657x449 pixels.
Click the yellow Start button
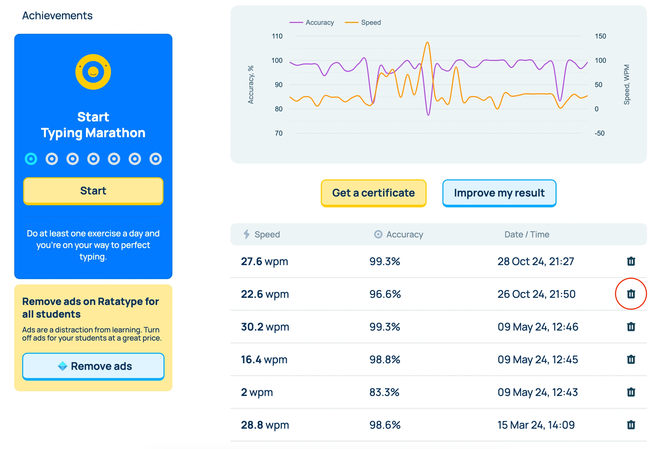pos(93,191)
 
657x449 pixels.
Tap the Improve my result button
pos(499,193)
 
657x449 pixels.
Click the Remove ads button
pos(93,366)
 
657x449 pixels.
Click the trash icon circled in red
pos(631,294)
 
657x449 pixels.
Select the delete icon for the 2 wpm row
pos(631,392)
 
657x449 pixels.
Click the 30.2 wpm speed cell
pos(265,327)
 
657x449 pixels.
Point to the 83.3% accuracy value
pos(384,392)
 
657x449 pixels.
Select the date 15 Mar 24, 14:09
pos(536,425)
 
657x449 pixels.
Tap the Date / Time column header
pos(527,234)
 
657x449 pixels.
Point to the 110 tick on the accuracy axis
pos(277,36)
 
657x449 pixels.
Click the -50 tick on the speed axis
pos(599,133)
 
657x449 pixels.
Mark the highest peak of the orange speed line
pos(427,42)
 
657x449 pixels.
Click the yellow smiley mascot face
pos(93,72)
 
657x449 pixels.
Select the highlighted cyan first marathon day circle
pos(31,159)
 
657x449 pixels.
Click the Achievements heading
pos(57,16)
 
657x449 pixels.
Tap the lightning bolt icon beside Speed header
pos(247,234)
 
